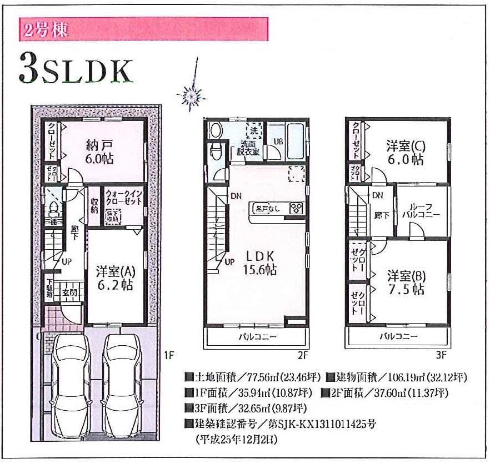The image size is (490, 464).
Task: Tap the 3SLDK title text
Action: [x=76, y=69]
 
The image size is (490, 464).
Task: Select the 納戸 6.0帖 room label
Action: [x=100, y=151]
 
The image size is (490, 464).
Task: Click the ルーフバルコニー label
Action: [x=423, y=209]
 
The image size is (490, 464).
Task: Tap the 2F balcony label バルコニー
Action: [x=257, y=336]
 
